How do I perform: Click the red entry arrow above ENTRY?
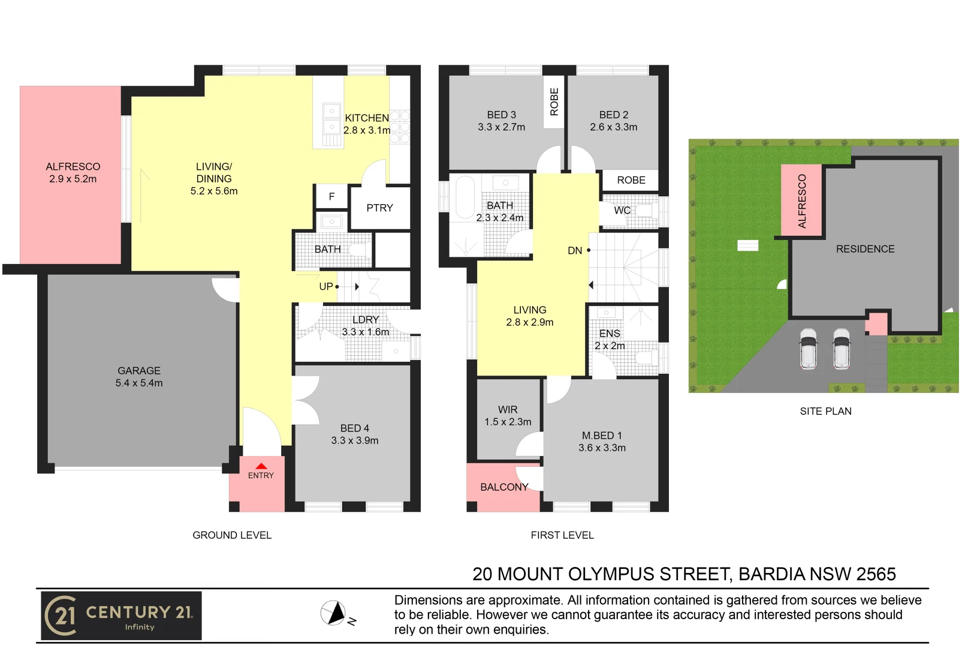pos(261,466)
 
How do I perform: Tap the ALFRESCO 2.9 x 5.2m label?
pos(73,173)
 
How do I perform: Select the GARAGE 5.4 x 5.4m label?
pos(139,377)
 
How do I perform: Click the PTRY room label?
pos(379,208)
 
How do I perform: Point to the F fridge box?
pos(331,197)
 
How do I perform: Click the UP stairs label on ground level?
pos(326,287)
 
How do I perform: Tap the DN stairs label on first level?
pos(575,251)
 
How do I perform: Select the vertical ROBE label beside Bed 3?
pos(554,101)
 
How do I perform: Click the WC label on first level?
pos(622,211)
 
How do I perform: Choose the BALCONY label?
pos(504,487)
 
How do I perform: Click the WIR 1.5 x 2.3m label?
pos(508,416)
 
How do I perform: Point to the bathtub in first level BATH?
pos(465,197)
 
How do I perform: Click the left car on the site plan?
pos(809,348)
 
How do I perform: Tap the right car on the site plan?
pos(842,348)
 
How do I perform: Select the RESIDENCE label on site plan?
pos(865,249)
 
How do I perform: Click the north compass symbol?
pos(333,613)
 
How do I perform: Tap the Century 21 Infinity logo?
pos(121,616)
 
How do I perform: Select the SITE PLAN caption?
pos(825,412)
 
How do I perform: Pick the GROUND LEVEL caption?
pos(232,535)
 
